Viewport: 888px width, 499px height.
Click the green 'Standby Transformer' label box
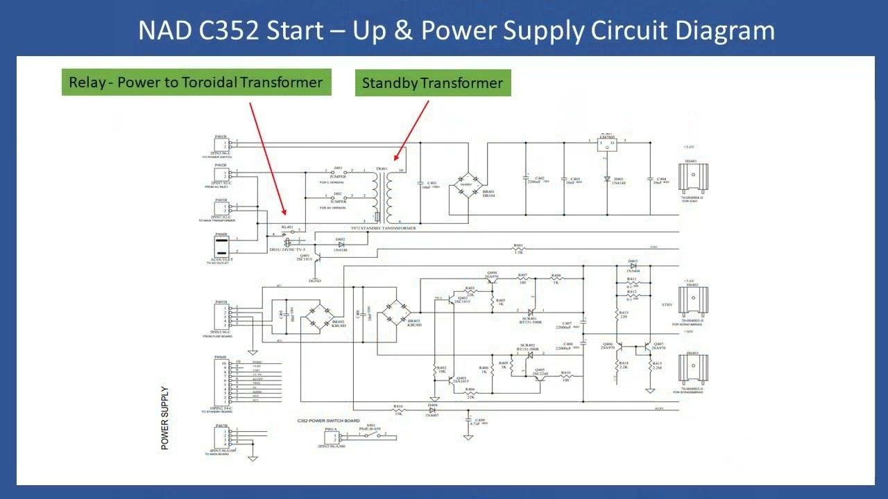(x=432, y=83)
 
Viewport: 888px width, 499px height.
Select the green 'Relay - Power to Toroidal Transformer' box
(x=196, y=82)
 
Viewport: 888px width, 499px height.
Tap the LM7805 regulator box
(x=607, y=144)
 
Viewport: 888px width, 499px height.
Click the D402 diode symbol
(x=341, y=245)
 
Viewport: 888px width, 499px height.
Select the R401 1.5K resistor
(x=518, y=248)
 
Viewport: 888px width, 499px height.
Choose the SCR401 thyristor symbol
(x=531, y=312)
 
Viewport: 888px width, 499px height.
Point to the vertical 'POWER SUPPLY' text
(x=164, y=418)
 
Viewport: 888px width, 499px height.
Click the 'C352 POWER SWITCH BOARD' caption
(x=328, y=421)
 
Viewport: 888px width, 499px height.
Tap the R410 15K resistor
(x=398, y=410)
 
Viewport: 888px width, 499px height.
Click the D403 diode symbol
(x=632, y=265)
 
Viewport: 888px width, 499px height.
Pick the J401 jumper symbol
(x=338, y=170)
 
